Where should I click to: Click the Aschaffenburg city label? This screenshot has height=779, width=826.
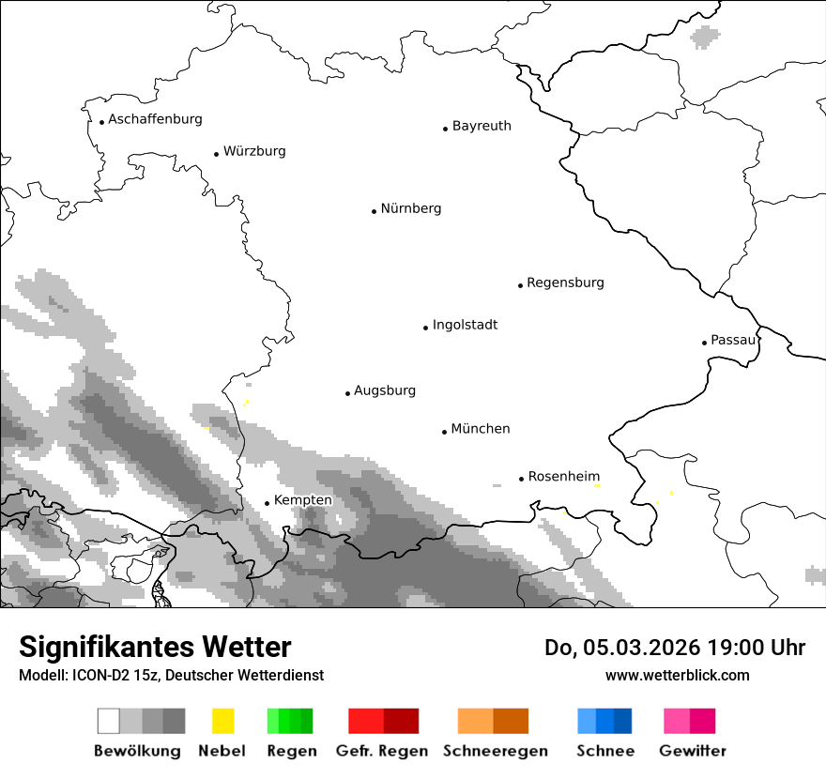(155, 119)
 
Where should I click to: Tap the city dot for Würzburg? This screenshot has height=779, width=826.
(216, 154)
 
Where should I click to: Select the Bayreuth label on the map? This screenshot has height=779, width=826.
(482, 126)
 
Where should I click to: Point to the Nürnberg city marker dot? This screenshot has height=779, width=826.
(374, 211)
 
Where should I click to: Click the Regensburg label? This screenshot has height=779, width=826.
(565, 283)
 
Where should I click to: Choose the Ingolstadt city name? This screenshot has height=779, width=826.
(465, 325)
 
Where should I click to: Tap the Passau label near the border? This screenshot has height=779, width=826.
(733, 340)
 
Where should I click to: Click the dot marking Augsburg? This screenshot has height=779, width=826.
(347, 393)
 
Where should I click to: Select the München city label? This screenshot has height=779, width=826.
(481, 429)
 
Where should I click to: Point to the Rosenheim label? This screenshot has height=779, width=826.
(564, 477)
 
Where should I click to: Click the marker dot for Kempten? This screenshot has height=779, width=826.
(267, 503)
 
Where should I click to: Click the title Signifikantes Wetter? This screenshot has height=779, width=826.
(155, 648)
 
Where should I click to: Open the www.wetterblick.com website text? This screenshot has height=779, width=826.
(677, 675)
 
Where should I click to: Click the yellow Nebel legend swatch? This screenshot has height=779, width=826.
(222, 721)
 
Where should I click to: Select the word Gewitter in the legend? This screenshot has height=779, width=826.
(693, 751)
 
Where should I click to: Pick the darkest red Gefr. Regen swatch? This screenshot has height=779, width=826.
(401, 721)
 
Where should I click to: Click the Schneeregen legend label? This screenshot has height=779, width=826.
(496, 751)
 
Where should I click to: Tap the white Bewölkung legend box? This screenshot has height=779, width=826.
(109, 721)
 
